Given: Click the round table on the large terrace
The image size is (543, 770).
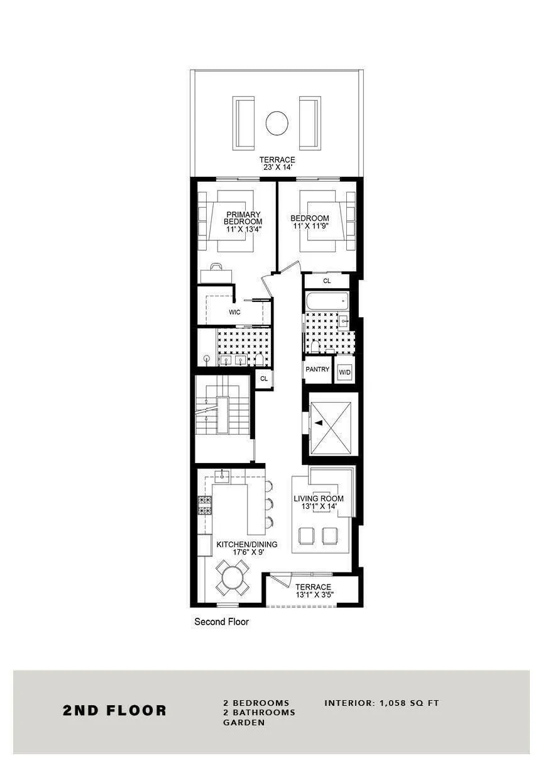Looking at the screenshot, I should click(277, 123).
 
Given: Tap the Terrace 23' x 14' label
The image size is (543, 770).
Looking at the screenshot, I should click(277, 164).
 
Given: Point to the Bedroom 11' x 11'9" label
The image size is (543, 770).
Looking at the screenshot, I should click(309, 223).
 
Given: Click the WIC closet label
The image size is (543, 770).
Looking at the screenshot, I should click(234, 312).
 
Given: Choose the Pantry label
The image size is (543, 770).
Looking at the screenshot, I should click(317, 369).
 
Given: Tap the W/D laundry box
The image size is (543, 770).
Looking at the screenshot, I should click(345, 372).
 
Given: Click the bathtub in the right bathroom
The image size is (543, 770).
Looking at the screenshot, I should click(326, 301).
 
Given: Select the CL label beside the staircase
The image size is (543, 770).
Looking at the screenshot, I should click(264, 379).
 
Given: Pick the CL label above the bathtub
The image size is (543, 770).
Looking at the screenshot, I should click(327, 281).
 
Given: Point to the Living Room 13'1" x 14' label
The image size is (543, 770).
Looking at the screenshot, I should click(319, 503).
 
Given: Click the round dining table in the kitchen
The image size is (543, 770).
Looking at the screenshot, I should click(233, 578).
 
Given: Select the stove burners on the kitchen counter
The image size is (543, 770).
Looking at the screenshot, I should click(205, 505).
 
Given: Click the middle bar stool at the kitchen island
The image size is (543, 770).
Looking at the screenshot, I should click(269, 504).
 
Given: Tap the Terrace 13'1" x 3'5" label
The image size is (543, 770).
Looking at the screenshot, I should click(314, 591).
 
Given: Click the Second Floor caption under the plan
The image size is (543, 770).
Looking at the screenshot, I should click(221, 622).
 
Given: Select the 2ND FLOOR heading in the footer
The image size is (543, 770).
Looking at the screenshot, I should click(114, 711).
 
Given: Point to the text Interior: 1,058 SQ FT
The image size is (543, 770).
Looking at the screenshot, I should click(381, 703).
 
